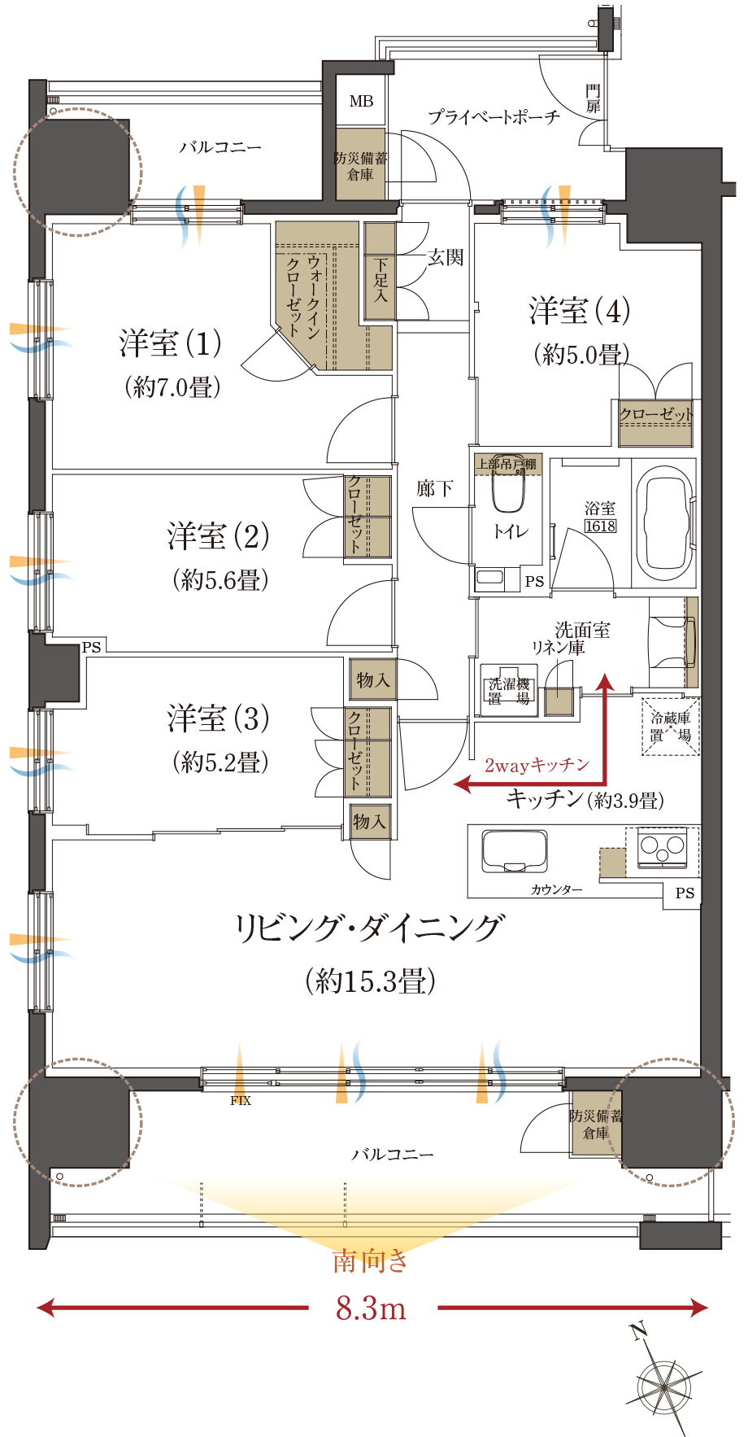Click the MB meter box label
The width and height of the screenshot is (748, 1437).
361,102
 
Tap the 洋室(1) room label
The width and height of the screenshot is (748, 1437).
171,343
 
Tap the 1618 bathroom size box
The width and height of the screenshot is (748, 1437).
600,526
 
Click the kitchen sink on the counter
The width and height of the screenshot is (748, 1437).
515,851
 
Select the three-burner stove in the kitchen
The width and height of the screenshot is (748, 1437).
662,847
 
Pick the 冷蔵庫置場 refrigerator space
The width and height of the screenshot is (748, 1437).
671,727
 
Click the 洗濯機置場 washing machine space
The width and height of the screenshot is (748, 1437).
509,690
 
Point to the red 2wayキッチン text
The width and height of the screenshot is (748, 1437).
537,765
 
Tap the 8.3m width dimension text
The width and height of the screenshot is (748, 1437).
371,1309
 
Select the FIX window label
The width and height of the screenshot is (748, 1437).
241,1101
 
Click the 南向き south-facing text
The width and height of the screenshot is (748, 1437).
371,1261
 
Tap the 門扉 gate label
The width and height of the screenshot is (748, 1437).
593,98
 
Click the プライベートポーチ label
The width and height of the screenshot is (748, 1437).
494,117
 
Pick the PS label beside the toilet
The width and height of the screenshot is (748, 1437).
534,581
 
